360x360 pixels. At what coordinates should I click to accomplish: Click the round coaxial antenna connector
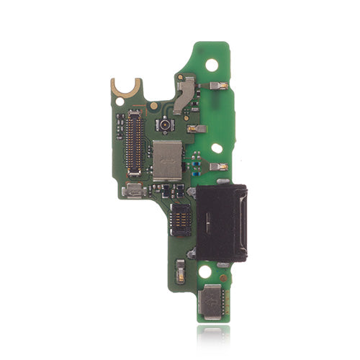[x=166, y=125]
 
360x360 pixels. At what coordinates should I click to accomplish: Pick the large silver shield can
[x=168, y=160]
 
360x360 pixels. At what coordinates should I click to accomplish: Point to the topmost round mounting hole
[x=212, y=64]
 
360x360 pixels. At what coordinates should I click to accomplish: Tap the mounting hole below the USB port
[x=205, y=273]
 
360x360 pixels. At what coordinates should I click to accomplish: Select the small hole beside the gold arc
[x=119, y=102]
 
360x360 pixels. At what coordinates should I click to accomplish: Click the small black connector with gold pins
[x=180, y=212]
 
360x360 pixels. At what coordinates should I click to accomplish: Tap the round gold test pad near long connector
[x=153, y=106]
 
